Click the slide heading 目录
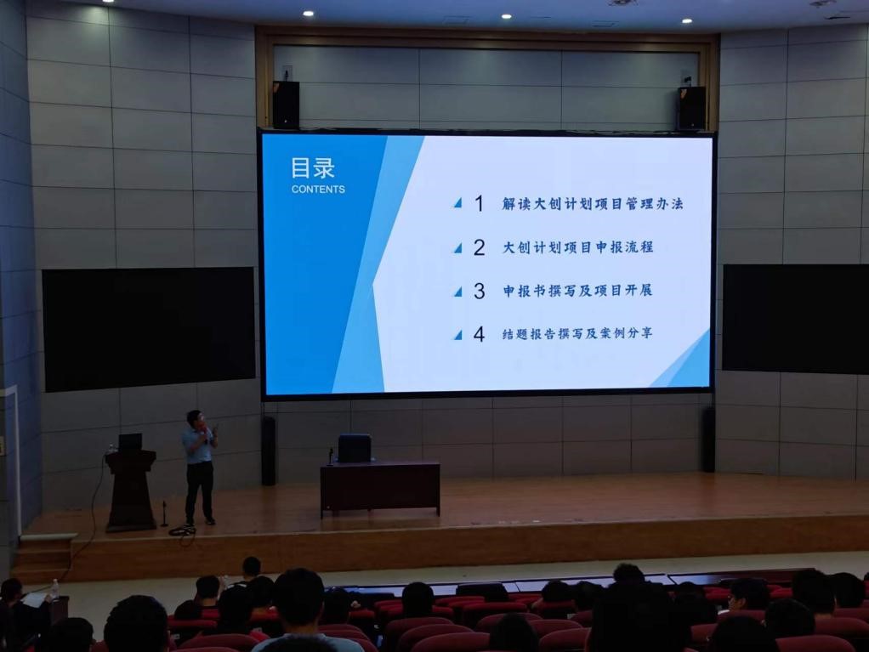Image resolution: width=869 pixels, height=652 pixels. [313, 167]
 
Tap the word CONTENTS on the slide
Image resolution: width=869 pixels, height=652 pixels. [318, 190]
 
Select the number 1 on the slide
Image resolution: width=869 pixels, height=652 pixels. [480, 204]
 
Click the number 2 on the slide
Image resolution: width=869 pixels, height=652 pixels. [480, 247]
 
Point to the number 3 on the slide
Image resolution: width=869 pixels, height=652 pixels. [480, 291]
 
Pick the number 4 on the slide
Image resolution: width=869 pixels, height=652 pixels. [480, 334]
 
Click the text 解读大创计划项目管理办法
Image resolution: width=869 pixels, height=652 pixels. [593, 204]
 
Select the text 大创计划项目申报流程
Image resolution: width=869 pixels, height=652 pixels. [577, 247]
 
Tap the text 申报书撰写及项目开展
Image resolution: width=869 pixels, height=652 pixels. [577, 290]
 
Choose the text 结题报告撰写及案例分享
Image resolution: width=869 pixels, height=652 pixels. [577, 333]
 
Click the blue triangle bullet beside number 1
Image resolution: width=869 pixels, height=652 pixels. [457, 203]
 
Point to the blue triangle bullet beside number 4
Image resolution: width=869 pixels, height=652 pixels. [457, 335]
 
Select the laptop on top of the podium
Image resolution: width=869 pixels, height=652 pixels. [130, 442]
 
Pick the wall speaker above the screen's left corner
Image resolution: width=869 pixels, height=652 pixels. [286, 105]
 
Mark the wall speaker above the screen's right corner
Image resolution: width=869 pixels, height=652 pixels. [691, 108]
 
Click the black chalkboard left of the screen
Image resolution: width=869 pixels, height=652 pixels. [149, 329]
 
